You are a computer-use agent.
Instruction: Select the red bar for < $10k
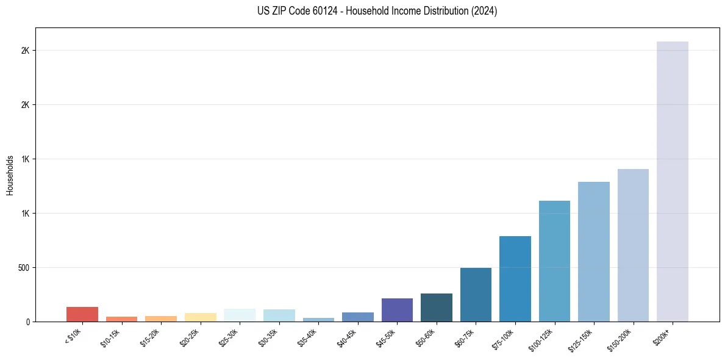click(82, 314)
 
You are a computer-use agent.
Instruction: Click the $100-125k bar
click(554, 261)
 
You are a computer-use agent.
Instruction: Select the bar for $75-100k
click(515, 279)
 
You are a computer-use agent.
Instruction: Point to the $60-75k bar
click(476, 295)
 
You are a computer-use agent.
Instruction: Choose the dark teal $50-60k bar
click(436, 308)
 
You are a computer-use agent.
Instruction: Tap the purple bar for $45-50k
click(397, 310)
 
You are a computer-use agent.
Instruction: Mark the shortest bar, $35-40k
click(318, 320)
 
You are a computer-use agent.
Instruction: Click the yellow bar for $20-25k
click(200, 317)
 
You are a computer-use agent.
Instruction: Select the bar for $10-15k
click(121, 319)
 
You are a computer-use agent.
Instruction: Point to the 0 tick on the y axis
click(28, 322)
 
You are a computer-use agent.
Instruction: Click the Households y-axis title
click(10, 175)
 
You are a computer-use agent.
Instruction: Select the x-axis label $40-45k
click(348, 337)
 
